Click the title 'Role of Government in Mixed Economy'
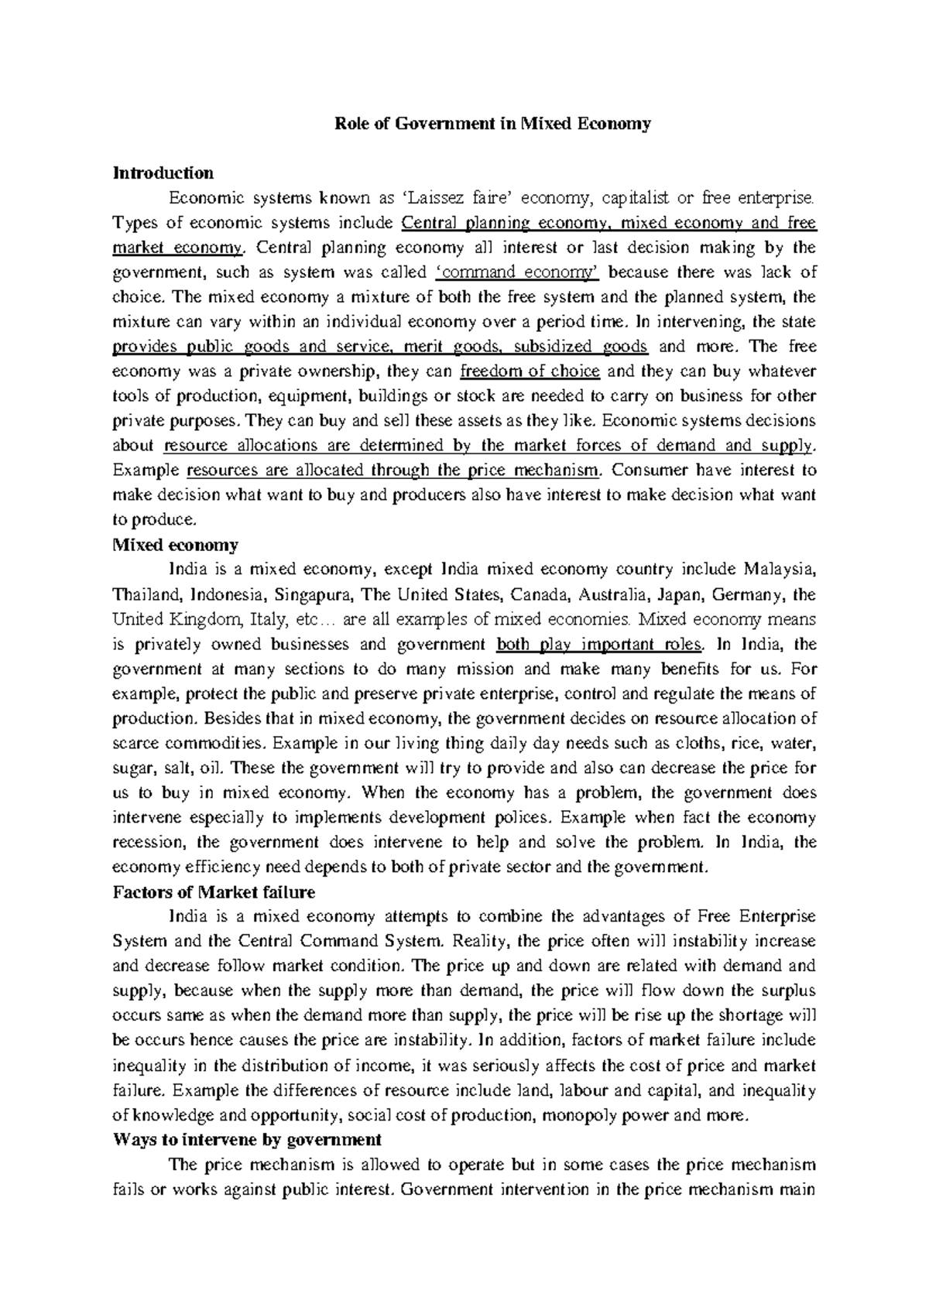pyautogui.click(x=492, y=123)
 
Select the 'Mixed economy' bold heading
pyautogui.click(x=176, y=545)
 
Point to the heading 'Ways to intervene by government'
pyautogui.click(x=247, y=1140)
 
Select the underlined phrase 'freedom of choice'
pyautogui.click(x=530, y=371)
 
